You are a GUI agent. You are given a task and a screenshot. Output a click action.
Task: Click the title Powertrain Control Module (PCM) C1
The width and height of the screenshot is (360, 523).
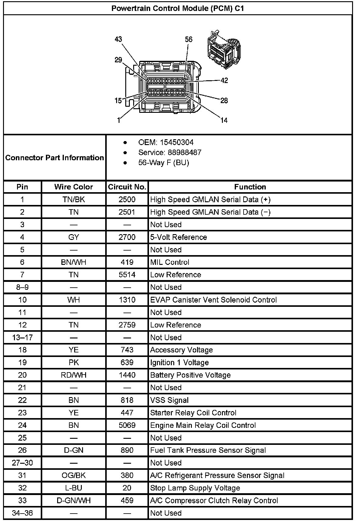pyautogui.click(x=178, y=8)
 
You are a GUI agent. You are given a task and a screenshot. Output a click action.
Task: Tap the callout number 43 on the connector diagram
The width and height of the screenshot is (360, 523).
pyautogui.click(x=118, y=39)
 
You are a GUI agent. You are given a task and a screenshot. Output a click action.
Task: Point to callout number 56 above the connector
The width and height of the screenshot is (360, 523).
pyautogui.click(x=189, y=40)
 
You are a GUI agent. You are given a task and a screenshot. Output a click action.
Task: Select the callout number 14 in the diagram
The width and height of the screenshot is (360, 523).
pyautogui.click(x=224, y=120)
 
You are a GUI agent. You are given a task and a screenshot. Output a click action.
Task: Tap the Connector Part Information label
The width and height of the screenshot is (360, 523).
pyautogui.click(x=55, y=158)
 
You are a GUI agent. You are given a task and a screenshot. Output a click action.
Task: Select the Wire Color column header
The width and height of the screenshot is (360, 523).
pyautogui.click(x=74, y=187)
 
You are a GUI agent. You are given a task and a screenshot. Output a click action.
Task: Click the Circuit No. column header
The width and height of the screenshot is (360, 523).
pyautogui.click(x=127, y=187)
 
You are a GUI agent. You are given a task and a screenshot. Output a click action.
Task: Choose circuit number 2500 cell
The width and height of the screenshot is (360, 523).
pyautogui.click(x=127, y=199)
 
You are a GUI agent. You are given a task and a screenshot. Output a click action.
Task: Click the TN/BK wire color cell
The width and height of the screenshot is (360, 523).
pyautogui.click(x=74, y=199)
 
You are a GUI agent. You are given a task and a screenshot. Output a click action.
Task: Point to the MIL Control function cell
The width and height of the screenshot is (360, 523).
pyautogui.click(x=170, y=262)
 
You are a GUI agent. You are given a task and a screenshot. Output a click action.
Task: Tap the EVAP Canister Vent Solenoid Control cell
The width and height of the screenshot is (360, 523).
pyautogui.click(x=213, y=300)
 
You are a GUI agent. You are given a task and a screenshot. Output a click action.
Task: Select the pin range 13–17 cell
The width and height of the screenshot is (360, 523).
pyautogui.click(x=22, y=338)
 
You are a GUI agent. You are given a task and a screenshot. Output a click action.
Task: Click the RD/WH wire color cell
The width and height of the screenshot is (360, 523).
pyautogui.click(x=74, y=375)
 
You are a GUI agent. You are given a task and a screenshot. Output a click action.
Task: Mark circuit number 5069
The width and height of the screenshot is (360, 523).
pyautogui.click(x=127, y=425)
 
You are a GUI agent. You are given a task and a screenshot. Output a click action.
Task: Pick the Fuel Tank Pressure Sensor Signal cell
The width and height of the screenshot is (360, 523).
pyautogui.click(x=208, y=450)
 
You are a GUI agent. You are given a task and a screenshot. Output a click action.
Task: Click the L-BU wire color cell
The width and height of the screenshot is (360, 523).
pyautogui.click(x=74, y=488)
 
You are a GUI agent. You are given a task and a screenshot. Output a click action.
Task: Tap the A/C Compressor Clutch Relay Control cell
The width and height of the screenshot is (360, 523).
pyautogui.click(x=214, y=500)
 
